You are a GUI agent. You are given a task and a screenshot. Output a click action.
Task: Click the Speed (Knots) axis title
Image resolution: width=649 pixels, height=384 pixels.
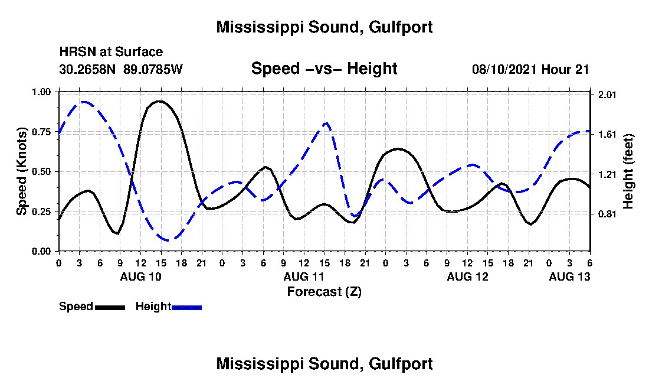click(22, 171)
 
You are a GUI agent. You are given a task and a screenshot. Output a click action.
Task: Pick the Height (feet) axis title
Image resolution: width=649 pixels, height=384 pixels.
click(628, 171)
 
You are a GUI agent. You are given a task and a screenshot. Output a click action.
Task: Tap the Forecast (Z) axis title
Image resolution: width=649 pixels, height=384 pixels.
click(324, 292)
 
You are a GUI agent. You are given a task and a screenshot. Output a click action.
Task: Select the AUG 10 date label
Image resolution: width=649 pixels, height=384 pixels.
click(140, 276)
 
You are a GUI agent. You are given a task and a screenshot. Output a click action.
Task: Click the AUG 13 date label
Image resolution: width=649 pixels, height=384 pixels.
click(569, 276)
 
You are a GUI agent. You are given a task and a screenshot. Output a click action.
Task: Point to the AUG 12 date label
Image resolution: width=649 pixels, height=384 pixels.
click(467, 276)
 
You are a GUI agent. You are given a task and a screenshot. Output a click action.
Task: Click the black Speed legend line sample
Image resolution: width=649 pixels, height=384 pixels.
click(110, 307)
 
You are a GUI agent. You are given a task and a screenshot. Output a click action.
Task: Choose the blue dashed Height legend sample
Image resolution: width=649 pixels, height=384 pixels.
click(187, 307)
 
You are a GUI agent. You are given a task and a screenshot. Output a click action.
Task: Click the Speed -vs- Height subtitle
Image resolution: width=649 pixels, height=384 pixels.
click(324, 69)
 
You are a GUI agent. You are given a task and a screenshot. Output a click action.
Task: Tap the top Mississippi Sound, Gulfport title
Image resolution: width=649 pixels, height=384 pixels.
click(324, 27)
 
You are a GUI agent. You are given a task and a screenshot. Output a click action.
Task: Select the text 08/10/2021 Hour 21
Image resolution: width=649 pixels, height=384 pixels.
click(530, 69)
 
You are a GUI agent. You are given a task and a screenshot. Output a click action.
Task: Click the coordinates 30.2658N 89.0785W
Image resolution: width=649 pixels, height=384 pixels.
click(121, 69)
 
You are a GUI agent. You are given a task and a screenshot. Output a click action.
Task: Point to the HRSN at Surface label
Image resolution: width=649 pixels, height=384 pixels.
click(111, 53)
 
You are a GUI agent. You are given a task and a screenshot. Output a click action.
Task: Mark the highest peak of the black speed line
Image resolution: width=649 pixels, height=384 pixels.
click(159, 101)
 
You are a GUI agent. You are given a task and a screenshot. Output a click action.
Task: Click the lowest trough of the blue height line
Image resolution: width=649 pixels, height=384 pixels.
click(169, 240)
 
